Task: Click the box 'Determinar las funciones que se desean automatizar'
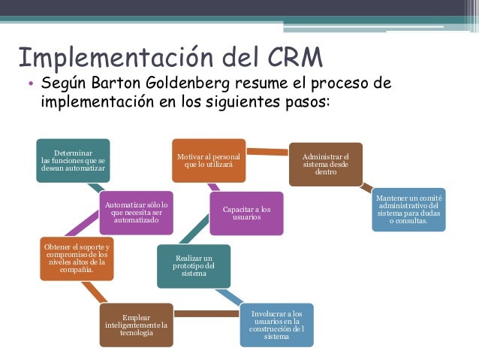[74, 160]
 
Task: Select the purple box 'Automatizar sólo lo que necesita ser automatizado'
[137, 213]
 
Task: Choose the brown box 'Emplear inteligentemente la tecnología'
[137, 325]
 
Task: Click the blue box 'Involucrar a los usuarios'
[276, 325]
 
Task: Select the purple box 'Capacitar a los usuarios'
[246, 213]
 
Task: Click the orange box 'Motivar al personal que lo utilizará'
[209, 160]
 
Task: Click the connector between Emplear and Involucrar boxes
[206, 313]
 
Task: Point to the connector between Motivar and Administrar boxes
[268, 152]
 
